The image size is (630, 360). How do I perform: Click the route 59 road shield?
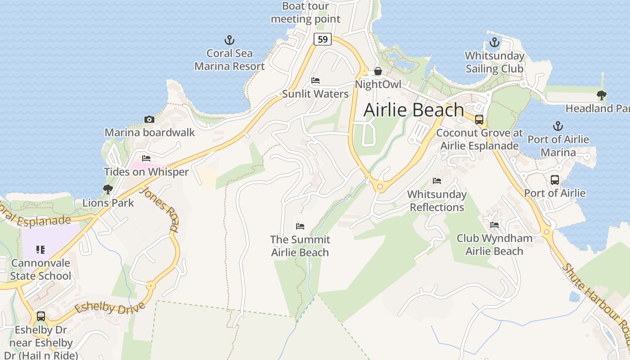coord(323,39)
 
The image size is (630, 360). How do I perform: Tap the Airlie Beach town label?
coord(413,110)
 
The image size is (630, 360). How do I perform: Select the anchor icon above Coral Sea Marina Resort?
coord(229,40)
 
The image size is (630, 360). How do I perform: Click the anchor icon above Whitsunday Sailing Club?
coord(495,43)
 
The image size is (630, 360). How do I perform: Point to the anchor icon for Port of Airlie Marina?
coord(558,126)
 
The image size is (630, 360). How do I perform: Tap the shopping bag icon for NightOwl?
coord(378,71)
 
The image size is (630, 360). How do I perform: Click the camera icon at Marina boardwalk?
coord(149,119)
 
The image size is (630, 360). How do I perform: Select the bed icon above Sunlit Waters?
coord(315,81)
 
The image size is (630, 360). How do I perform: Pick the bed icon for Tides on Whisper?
coord(146,158)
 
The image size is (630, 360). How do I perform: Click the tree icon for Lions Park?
coord(108,189)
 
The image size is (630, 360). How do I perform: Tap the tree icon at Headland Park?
coord(601,95)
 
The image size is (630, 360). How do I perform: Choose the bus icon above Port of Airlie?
coord(555,180)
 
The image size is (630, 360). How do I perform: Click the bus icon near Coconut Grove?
coord(479,120)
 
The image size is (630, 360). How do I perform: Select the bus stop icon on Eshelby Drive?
coord(41,316)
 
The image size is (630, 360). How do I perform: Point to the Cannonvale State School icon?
coord(40,249)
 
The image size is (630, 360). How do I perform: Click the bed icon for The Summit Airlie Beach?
coord(300,226)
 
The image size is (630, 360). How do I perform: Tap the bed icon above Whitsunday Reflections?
coord(437,181)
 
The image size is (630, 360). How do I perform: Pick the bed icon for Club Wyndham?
coord(495,225)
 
